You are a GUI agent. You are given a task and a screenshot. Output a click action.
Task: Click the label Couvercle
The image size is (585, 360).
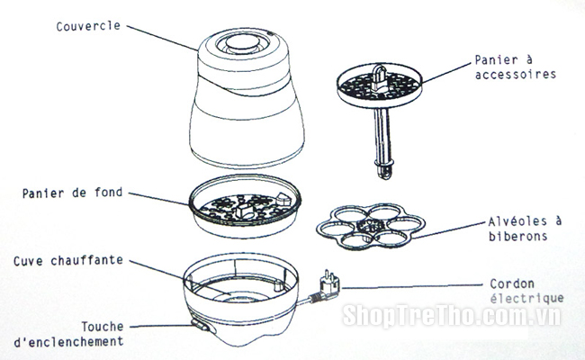point(88,26)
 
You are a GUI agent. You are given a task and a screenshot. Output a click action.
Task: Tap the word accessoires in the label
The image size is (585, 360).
point(516,74)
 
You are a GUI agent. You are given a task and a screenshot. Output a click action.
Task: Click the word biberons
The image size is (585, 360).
point(518,236)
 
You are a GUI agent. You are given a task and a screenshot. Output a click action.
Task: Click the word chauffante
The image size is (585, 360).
point(87,260)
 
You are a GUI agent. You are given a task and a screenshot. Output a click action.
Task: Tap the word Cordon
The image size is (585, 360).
point(512,283)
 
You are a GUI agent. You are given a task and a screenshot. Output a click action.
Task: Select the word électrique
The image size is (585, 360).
point(526,299)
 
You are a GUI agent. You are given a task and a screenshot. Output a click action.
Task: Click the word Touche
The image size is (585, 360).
point(103,327)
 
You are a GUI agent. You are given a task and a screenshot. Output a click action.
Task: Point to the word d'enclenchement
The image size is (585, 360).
point(68,342)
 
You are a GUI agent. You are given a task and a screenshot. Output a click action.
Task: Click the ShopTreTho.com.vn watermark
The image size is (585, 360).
point(452,316)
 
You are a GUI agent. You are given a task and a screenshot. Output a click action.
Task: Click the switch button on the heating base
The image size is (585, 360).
point(200,325)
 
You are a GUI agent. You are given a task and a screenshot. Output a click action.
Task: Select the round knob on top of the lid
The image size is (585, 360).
point(243,41)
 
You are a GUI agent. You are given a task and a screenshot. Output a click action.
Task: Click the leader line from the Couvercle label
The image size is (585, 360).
point(162,38)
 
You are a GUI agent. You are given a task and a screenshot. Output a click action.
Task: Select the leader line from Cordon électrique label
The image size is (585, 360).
point(412,286)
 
